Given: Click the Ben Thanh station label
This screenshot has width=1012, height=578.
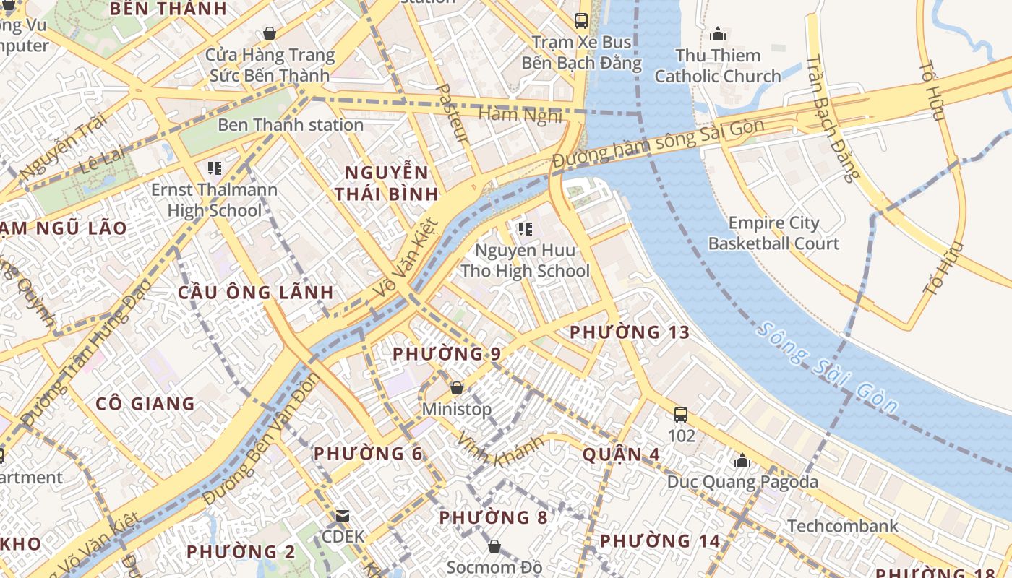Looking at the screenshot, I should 290,125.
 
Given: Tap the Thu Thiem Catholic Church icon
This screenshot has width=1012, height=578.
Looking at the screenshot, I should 718,33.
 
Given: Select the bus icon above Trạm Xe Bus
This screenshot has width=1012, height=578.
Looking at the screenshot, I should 581,20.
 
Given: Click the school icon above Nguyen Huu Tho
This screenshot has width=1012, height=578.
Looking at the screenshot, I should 526,229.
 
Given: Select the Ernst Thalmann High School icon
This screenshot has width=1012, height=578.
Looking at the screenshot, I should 215,168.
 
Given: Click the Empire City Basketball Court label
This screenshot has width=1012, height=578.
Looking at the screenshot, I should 773,233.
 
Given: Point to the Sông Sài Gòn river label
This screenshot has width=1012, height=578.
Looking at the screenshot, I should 828,368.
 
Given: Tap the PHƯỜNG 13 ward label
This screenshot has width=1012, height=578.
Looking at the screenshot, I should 630,332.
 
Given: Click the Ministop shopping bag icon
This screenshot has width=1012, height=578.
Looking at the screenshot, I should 457,388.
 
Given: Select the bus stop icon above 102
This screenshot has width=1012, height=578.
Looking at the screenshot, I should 681,414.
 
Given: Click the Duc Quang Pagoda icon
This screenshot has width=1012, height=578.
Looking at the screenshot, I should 742,460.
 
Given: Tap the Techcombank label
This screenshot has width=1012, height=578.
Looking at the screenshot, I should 843,525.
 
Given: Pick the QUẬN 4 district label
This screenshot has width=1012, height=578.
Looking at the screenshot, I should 622,454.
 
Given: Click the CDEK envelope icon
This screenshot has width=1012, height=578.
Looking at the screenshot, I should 343,516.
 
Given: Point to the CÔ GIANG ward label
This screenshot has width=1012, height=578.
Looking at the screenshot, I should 145,403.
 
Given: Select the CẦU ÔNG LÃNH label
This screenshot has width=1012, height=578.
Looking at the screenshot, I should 256,293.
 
